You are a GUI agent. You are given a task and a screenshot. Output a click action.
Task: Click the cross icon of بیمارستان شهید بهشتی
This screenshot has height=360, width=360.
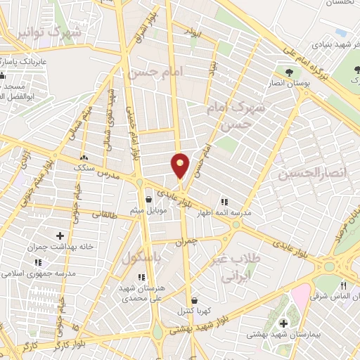[283, 323]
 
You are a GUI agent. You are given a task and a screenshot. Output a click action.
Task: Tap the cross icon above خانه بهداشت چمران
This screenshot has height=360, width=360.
[59, 236]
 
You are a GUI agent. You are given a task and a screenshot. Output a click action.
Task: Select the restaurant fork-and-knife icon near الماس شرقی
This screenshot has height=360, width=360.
[344, 285]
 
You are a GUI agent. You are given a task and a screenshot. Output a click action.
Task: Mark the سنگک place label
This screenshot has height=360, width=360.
[85, 169]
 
